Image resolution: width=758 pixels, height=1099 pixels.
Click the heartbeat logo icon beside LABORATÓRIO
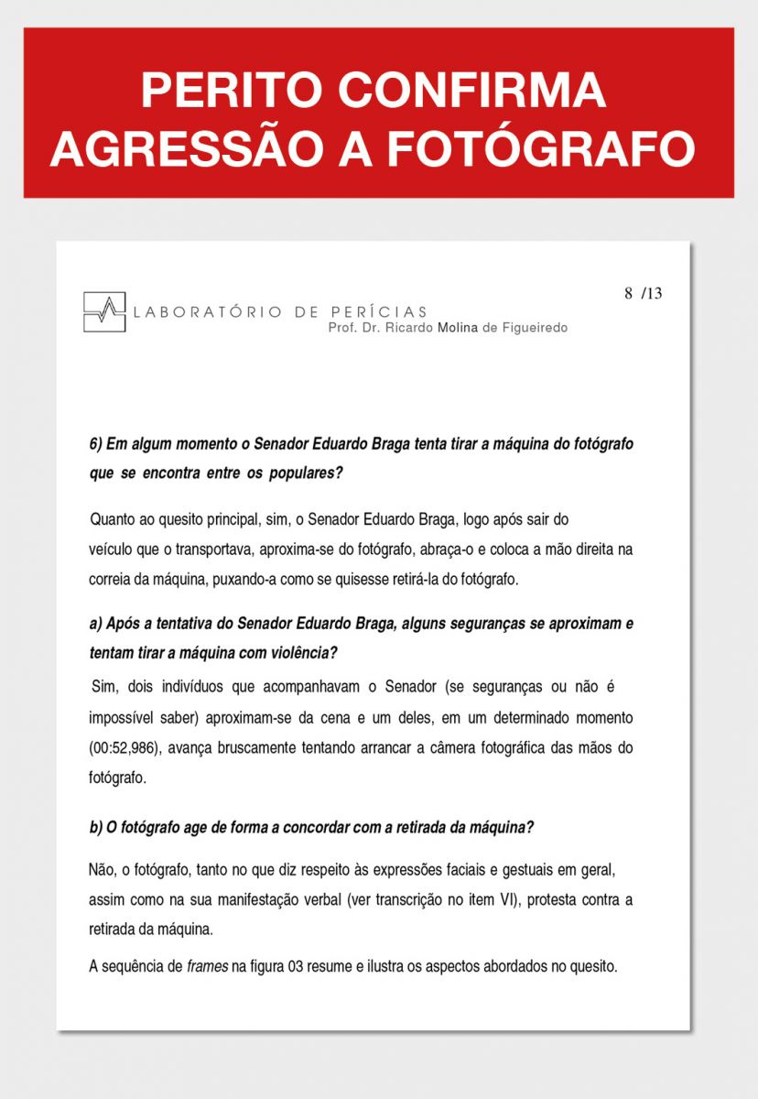(104, 311)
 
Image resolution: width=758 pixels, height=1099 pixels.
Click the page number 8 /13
(643, 294)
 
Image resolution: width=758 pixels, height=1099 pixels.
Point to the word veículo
(112, 550)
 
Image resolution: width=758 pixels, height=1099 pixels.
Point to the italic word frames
(205, 966)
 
